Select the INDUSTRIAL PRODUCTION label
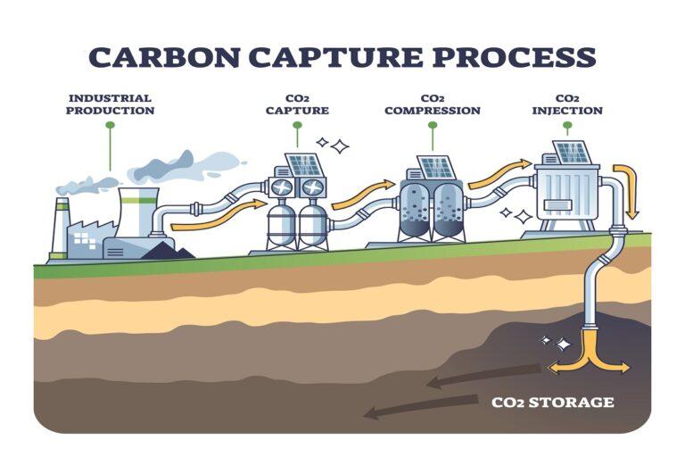[x=111, y=104]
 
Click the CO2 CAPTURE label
[x=297, y=104]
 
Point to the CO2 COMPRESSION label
[x=433, y=104]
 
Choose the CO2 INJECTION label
[x=567, y=104]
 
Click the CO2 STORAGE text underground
[x=553, y=403]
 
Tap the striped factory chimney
[x=61, y=228]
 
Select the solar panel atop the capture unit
[x=304, y=164]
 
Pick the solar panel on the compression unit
[x=437, y=166]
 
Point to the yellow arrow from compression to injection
[x=499, y=173]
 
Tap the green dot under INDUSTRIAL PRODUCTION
[x=111, y=126]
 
